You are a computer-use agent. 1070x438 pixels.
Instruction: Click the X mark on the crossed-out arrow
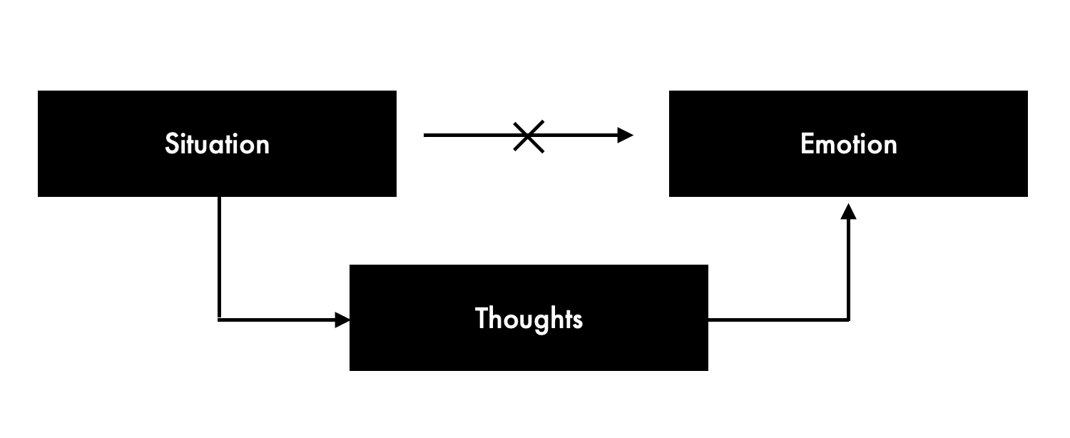point(529,136)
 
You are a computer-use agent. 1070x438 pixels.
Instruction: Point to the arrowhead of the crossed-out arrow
point(626,135)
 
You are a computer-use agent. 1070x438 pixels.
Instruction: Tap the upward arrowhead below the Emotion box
point(847,211)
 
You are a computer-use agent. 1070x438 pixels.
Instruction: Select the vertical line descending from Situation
point(219,257)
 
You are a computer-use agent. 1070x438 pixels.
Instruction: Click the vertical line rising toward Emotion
point(847,271)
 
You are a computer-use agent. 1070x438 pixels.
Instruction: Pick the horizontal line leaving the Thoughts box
point(778,320)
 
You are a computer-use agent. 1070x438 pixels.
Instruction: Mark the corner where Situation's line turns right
point(219,319)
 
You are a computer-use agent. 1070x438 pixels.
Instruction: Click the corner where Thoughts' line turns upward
point(847,320)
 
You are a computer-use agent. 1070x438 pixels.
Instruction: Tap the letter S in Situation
point(170,144)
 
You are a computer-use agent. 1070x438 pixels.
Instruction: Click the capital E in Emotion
point(807,144)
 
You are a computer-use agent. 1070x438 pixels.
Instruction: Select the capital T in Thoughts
point(481,318)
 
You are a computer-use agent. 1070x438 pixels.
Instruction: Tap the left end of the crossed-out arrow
point(426,135)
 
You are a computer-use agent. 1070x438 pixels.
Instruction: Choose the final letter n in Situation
point(263,146)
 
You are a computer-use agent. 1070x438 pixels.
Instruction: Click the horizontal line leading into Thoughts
point(278,320)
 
